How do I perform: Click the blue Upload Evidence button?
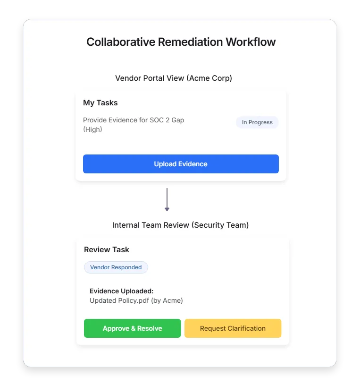click(181, 164)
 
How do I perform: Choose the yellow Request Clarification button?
click(233, 328)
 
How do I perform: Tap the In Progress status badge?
click(257, 122)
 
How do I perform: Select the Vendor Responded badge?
click(116, 267)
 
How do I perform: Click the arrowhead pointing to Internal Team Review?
click(167, 208)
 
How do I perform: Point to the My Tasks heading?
click(100, 103)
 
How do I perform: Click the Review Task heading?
click(107, 249)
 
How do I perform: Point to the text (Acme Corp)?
click(209, 78)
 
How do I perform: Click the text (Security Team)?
click(220, 225)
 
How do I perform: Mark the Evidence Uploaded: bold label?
click(122, 291)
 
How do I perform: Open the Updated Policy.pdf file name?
click(119, 300)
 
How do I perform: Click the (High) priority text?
click(92, 129)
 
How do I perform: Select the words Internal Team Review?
click(151, 225)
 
